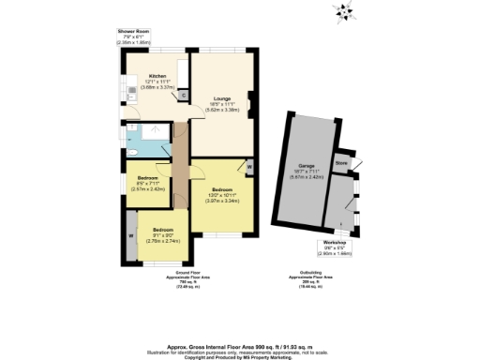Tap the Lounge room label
pos(222,97)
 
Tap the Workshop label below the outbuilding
pos(334,242)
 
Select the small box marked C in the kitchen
pos(183,94)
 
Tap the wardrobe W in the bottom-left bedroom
pos(130,234)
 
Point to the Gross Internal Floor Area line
pos(240,345)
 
